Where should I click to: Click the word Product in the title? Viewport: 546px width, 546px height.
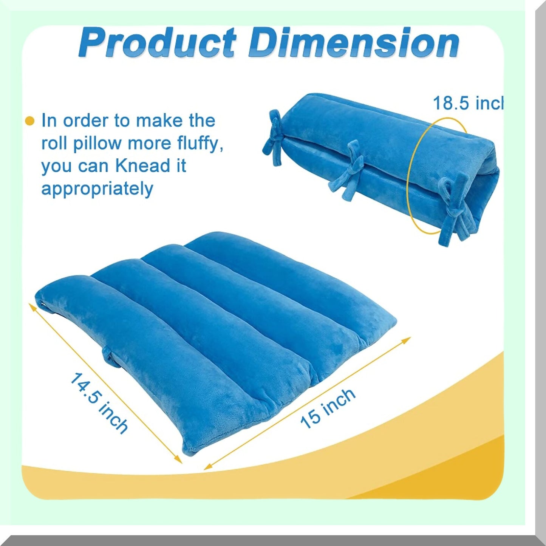coord(158,43)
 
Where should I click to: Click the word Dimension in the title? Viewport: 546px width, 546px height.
coord(353,43)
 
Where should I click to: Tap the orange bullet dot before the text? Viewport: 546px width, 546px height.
coord(29,121)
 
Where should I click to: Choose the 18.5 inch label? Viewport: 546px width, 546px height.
coord(468,103)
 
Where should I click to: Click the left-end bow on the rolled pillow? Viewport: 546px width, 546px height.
coord(275,136)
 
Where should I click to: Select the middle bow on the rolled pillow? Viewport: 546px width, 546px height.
coord(350,170)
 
